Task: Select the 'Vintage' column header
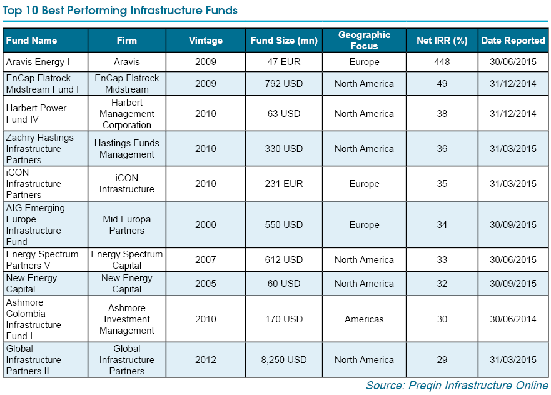(x=205, y=41)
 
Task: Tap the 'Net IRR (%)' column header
(x=442, y=41)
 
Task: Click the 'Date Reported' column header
(x=513, y=41)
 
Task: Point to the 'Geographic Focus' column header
(x=364, y=41)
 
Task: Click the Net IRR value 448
(x=442, y=62)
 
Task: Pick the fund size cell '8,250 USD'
(x=284, y=360)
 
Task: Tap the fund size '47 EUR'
(x=284, y=62)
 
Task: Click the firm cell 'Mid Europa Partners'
(x=127, y=225)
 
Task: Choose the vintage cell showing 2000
(x=205, y=225)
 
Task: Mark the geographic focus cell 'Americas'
(x=364, y=319)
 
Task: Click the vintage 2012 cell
(x=205, y=360)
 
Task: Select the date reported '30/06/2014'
(x=513, y=319)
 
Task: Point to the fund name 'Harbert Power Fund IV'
(x=36, y=114)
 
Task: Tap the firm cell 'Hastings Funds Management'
(x=127, y=149)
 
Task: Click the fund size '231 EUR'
(x=284, y=184)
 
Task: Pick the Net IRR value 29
(x=442, y=360)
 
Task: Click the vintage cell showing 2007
(x=205, y=260)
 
